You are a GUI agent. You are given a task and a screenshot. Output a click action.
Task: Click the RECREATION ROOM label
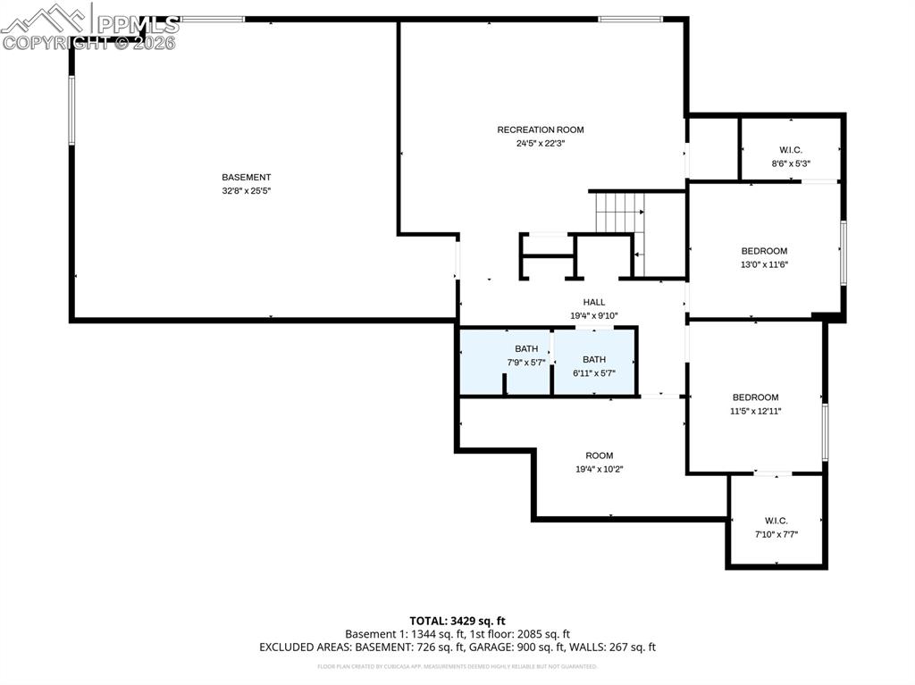point(540,129)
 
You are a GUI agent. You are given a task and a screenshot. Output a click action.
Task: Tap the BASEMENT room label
point(246,177)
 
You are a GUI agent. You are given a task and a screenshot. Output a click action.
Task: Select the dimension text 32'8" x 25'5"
point(246,190)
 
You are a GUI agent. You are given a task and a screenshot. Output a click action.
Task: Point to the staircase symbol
point(619,213)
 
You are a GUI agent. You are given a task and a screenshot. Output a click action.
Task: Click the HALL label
point(594,302)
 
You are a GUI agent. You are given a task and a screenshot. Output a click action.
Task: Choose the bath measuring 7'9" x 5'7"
point(526,348)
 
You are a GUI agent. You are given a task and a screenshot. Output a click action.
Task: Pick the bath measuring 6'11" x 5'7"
point(594,359)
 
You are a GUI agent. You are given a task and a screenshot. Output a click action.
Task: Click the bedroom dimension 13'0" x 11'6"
point(764,264)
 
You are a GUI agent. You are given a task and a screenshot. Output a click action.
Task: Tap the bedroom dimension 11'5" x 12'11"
point(755,411)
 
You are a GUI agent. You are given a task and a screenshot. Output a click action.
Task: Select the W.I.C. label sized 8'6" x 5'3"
point(791,150)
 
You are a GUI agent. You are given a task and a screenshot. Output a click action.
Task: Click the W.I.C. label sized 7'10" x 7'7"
point(776,521)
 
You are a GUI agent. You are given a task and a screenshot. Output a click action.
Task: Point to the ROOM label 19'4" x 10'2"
point(600,455)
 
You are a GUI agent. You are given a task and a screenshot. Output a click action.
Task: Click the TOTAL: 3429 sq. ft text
point(457,620)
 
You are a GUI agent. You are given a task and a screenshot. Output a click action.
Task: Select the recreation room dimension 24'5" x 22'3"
point(540,143)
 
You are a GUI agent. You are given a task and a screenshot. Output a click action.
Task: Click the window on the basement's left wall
point(71,110)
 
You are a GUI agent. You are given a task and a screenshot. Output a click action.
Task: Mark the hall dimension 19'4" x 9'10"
point(594,315)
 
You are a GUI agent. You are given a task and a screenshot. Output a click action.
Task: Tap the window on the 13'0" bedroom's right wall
point(843,254)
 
